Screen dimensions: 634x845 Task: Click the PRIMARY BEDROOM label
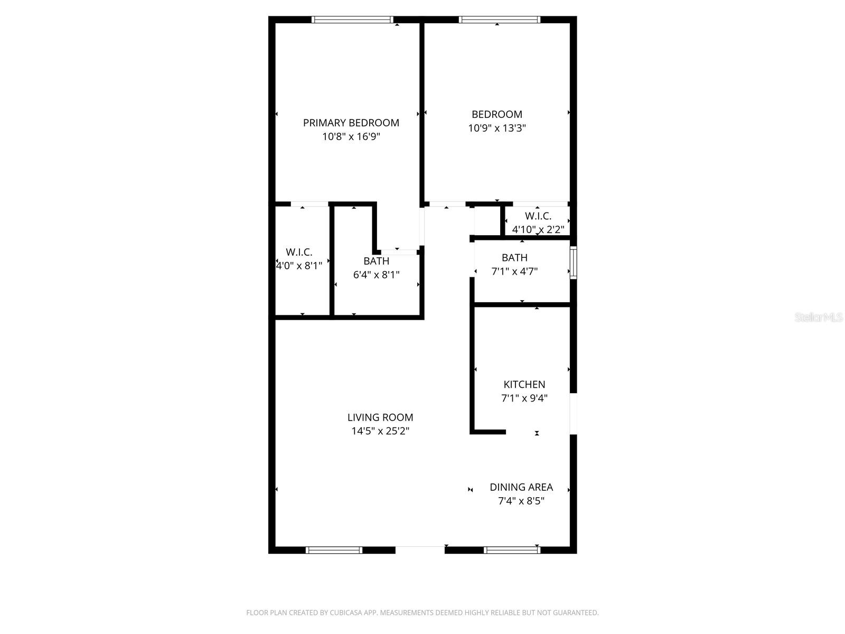point(351,123)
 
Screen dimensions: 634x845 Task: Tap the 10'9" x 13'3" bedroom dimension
point(496,128)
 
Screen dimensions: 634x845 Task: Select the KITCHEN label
point(524,385)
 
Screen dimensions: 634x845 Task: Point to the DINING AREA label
point(521,487)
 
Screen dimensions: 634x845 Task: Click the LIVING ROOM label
point(380,417)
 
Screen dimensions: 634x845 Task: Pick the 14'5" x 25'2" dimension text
point(380,431)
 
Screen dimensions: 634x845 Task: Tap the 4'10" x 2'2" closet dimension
point(538,230)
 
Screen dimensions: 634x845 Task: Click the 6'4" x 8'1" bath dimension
point(376,275)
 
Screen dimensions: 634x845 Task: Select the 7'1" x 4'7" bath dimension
point(514,272)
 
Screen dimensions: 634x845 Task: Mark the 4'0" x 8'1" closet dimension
point(299,266)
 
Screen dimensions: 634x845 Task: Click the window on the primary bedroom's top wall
point(352,20)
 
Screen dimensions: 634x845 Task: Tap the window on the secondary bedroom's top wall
point(499,20)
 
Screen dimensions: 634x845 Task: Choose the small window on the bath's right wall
point(574,262)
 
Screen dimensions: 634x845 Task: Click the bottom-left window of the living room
point(334,550)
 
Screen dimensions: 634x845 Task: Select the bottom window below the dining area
point(512,550)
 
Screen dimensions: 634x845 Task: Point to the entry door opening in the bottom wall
point(420,550)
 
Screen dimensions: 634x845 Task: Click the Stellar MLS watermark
point(819,318)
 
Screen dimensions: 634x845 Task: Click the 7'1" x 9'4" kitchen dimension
point(524,398)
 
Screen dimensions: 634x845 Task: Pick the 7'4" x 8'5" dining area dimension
point(521,501)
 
